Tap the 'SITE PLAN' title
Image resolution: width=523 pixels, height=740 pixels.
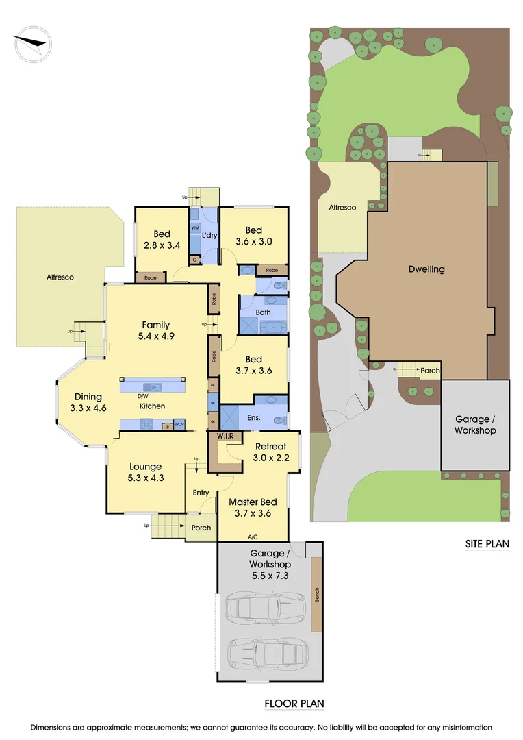487,545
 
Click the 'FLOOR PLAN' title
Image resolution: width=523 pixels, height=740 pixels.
294,704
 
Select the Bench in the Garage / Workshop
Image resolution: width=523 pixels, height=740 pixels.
316,595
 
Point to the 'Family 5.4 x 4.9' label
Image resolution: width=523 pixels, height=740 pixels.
155,331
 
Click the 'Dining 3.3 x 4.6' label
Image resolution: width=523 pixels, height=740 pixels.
88,402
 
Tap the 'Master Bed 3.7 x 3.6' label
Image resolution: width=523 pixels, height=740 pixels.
253,508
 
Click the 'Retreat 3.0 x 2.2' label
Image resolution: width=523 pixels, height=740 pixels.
270,452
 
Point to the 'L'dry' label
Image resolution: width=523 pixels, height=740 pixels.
210,236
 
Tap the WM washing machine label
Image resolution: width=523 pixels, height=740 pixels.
194,227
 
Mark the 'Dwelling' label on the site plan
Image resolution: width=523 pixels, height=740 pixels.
426,269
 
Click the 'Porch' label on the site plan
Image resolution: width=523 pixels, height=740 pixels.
430,371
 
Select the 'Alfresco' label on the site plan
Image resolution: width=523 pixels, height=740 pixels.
342,208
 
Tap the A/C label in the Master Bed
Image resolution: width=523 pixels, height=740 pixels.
253,536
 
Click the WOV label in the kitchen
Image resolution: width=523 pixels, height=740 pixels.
179,425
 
